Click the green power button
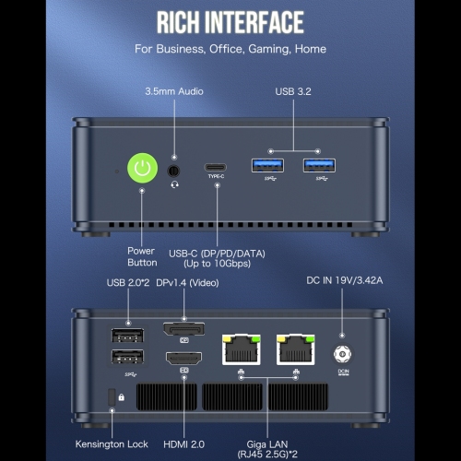coord(143,168)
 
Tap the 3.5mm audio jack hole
coord(173,171)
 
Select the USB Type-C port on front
coord(216,168)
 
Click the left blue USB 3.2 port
coord(267,166)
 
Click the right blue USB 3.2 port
coord(319,166)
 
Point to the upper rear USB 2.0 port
coord(127,336)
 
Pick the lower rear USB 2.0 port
coord(127,357)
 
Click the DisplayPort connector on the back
coord(184,329)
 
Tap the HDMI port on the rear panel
coord(184,359)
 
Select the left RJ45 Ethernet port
coord(242,349)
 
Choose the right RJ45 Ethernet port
coord(296,349)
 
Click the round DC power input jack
coord(342,354)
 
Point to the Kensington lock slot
coord(112,397)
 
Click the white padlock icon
coord(122,397)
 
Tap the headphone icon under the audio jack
coord(174,184)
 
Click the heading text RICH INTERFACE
coord(230,22)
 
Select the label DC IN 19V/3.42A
coord(345,280)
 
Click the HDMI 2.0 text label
coord(183,444)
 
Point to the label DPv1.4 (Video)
coord(187,283)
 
